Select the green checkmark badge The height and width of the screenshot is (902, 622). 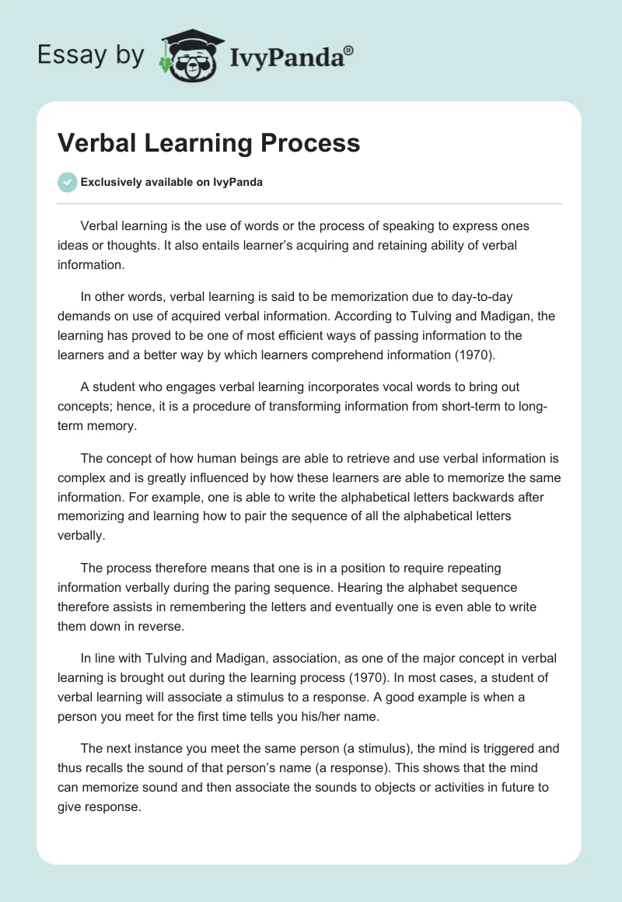click(x=67, y=182)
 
